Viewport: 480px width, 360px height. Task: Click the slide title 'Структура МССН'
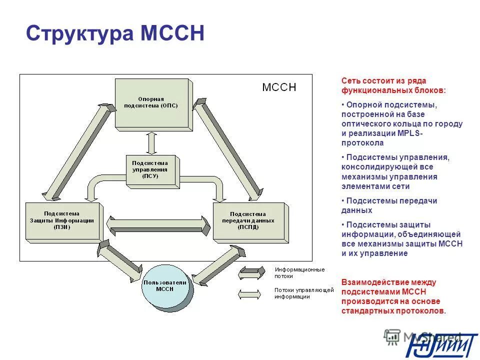(115, 34)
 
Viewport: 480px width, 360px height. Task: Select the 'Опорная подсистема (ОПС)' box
(151, 102)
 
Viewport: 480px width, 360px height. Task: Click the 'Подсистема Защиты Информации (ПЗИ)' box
(62, 220)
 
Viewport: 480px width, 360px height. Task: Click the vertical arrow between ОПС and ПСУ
(152, 143)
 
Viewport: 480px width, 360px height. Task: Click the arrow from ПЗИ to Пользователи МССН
(121, 263)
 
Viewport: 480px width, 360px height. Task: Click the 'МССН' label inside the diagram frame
(279, 87)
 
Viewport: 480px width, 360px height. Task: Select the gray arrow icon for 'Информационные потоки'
(252, 272)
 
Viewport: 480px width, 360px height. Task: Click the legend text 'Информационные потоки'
(299, 272)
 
